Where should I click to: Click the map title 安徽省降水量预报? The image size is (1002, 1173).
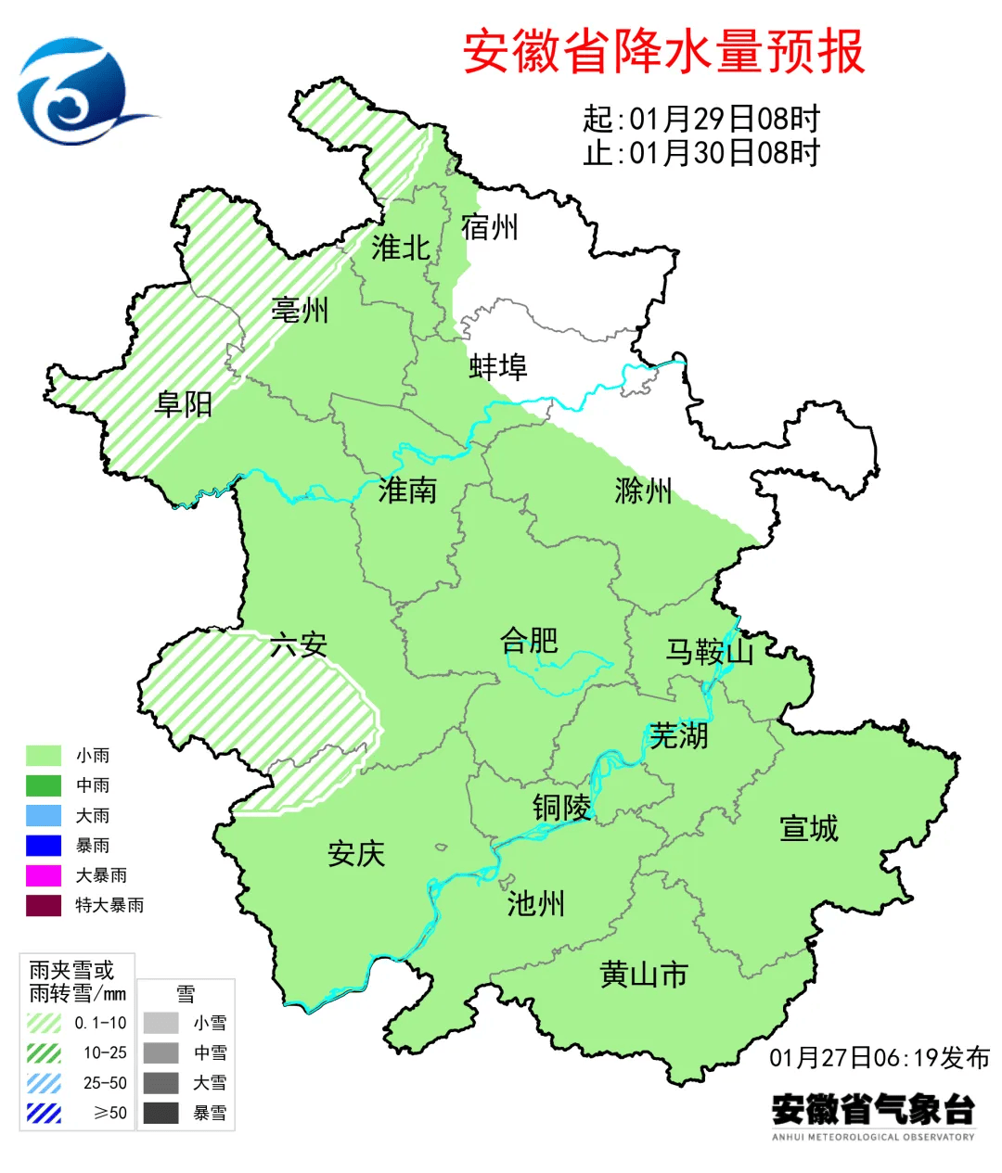(x=663, y=52)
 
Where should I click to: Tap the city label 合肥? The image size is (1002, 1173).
(x=529, y=641)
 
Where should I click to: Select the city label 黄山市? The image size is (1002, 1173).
(x=644, y=975)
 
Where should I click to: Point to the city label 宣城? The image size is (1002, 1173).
(x=808, y=828)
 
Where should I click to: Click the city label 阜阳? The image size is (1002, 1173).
(x=184, y=404)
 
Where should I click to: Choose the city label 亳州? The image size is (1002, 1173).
(x=300, y=310)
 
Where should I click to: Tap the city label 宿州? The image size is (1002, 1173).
(x=489, y=227)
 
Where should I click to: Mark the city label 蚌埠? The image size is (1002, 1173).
(x=498, y=367)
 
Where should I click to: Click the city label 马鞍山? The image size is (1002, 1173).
(x=710, y=652)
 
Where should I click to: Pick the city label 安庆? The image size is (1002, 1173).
(x=355, y=854)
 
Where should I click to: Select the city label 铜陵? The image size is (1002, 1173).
(x=561, y=808)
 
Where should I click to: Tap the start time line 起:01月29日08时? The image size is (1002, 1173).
(x=701, y=119)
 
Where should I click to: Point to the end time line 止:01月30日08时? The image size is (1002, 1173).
(x=701, y=152)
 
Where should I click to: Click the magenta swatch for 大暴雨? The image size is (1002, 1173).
(x=44, y=875)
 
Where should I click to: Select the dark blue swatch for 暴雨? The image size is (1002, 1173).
(x=44, y=846)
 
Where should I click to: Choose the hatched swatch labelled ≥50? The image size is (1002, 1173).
(x=44, y=1113)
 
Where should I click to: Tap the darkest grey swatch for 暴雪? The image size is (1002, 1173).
(x=161, y=1113)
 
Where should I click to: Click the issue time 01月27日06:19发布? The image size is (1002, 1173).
(x=879, y=1058)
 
